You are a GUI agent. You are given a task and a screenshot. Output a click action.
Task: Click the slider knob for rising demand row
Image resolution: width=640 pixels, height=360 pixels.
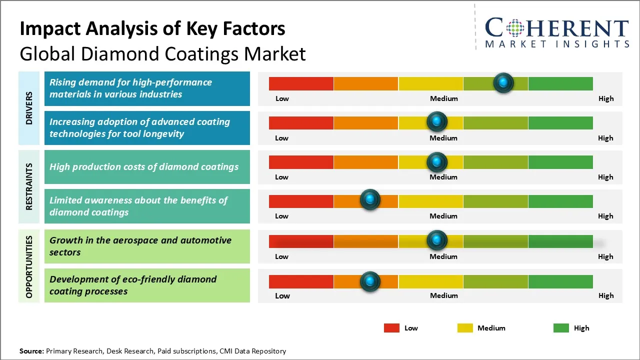(503, 82)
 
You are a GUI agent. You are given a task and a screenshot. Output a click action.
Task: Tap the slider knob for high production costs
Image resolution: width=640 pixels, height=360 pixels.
(437, 162)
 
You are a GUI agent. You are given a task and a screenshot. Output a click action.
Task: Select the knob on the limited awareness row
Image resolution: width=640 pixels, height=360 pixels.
(370, 200)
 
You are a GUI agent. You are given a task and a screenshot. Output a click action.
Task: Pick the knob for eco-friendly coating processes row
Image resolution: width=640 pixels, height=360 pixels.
(370, 281)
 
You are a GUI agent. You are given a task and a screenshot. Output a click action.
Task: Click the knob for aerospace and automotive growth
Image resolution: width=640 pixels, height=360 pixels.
(437, 240)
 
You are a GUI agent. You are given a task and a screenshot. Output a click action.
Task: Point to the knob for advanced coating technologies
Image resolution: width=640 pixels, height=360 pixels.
(437, 121)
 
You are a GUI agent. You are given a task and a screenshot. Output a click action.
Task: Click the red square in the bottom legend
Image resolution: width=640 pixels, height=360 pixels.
(391, 328)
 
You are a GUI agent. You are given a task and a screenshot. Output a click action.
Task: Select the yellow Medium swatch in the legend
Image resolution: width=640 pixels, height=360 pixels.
(465, 328)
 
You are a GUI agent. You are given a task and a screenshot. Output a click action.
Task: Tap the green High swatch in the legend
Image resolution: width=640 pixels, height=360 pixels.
(561, 328)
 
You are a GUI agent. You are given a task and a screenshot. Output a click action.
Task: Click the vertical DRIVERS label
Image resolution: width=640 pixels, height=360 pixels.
(29, 108)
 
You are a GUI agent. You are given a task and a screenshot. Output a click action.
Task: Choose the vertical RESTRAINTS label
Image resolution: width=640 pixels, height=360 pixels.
(29, 186)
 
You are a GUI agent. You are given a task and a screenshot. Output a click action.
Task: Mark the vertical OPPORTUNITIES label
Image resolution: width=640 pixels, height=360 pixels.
(29, 266)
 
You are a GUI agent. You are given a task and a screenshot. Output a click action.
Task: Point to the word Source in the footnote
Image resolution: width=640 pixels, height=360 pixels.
(31, 351)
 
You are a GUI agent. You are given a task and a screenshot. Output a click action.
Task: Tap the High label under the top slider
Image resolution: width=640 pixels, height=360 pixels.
(606, 98)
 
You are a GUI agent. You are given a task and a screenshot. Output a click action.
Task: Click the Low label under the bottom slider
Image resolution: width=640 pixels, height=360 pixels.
(282, 295)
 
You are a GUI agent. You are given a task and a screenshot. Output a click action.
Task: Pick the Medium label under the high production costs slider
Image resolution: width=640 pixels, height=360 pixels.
(443, 177)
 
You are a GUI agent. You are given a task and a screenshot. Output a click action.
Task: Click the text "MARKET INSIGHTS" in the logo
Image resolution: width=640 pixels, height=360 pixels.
(557, 44)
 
